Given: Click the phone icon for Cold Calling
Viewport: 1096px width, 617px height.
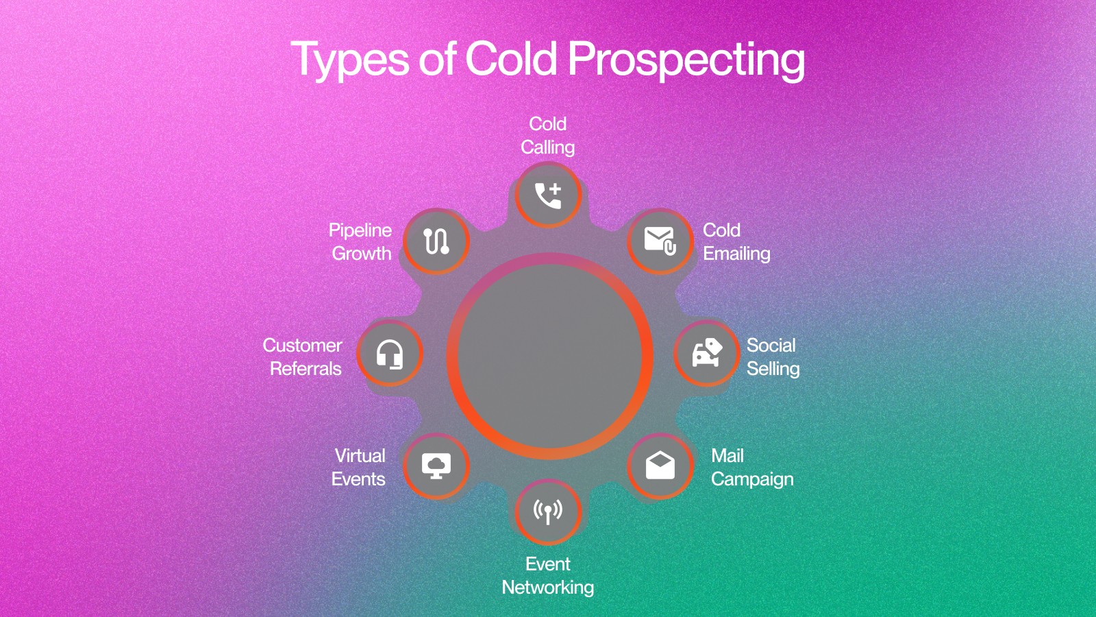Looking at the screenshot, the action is (548, 195).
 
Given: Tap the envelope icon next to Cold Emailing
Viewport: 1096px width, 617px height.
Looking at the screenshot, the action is (660, 241).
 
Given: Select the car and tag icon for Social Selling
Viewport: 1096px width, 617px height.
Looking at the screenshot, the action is (707, 352).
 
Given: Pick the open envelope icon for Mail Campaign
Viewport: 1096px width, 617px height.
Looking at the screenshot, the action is (660, 465).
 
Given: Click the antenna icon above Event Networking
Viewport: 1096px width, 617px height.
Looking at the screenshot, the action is (548, 511).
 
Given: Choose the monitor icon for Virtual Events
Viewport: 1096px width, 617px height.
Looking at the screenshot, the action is (436, 465).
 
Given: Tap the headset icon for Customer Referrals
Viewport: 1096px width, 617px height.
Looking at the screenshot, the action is (390, 354).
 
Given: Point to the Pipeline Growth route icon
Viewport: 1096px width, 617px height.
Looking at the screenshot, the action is (436, 241).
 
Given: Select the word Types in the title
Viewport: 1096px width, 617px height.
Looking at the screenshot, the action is (350, 60).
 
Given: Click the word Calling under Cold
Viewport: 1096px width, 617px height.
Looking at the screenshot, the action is (547, 147).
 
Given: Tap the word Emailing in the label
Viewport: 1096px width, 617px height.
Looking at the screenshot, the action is (736, 254).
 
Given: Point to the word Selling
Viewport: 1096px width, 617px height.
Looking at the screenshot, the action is (773, 369).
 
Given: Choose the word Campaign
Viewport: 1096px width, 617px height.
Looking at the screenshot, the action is (752, 479).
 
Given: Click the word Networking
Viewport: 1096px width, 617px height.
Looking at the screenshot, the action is (548, 588).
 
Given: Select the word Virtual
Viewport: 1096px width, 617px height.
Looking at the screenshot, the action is (360, 456).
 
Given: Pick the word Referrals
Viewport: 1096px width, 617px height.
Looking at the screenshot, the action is (306, 369).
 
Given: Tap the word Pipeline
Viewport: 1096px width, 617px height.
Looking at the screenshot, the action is (360, 230).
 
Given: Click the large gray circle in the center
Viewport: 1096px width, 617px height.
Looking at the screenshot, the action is (549, 356).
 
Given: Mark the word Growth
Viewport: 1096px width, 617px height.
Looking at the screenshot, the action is (362, 254).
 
